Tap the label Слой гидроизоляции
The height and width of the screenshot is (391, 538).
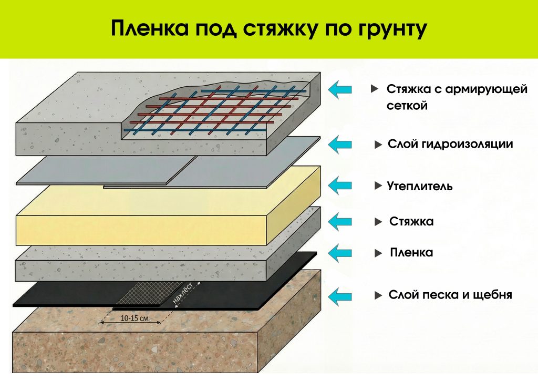point(450,144)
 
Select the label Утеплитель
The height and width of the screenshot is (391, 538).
point(419,186)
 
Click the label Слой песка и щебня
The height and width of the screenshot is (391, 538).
point(450,295)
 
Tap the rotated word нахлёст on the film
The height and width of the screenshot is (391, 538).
point(186,293)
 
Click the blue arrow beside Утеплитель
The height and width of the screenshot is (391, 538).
point(340,184)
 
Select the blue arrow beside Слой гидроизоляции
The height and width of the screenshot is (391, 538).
point(340,143)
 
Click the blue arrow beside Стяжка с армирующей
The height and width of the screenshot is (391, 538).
point(340,89)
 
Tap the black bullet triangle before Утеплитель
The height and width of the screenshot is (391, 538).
point(377,186)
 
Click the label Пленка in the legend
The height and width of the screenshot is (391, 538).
point(411,253)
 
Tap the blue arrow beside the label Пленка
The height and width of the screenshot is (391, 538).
point(340,253)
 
